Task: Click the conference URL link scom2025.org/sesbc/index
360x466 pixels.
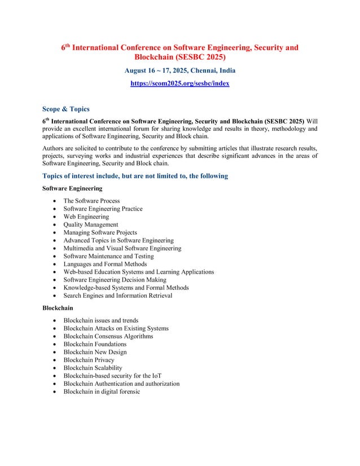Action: click(179, 83)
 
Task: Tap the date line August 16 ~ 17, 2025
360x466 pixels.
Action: click(179, 71)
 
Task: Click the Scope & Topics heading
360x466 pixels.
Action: click(66, 109)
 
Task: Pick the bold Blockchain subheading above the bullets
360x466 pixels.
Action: click(58, 308)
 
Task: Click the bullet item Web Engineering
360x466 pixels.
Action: click(86, 217)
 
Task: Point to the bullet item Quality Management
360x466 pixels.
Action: click(91, 225)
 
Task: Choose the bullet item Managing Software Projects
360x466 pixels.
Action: click(100, 232)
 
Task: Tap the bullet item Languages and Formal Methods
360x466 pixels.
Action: click(105, 264)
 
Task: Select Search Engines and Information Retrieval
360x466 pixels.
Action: click(118, 296)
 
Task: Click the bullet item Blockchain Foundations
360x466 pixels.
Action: click(95, 344)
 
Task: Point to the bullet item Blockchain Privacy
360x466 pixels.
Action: click(89, 360)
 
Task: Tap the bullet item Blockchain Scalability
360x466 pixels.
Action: click(93, 368)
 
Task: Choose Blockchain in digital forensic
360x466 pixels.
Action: click(102, 392)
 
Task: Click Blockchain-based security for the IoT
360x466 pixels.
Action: click(113, 376)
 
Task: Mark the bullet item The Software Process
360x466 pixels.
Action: click(91, 201)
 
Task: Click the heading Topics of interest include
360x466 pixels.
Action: click(135, 176)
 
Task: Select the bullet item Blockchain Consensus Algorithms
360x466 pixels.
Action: click(108, 336)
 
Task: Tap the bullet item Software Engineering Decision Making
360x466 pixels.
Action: click(115, 280)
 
